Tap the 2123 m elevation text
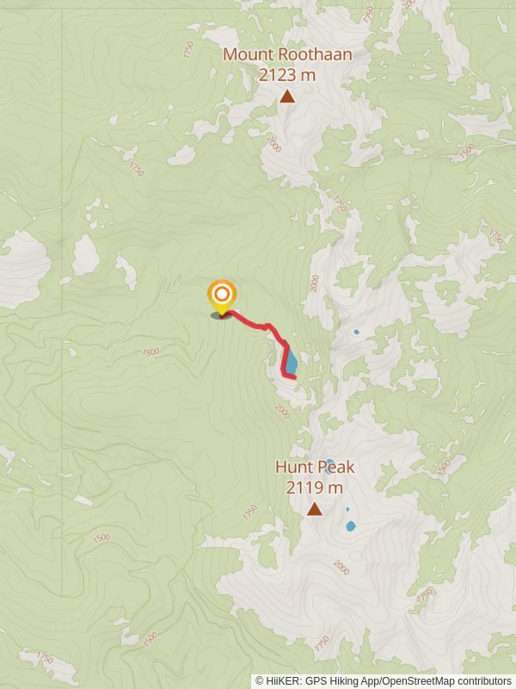coord(287,75)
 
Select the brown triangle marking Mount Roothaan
coord(287,96)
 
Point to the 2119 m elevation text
coord(315,487)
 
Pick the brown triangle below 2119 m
coord(315,509)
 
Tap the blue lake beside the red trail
coord(292,359)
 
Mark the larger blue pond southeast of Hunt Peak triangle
coord(350,525)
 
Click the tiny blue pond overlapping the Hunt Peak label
coord(329,462)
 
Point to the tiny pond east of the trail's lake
coord(356,332)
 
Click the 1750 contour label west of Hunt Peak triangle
coord(249,512)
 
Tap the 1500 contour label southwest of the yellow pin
coord(151,351)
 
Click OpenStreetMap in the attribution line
coord(416,681)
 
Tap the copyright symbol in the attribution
coord(260,681)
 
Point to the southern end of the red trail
coord(294,376)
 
